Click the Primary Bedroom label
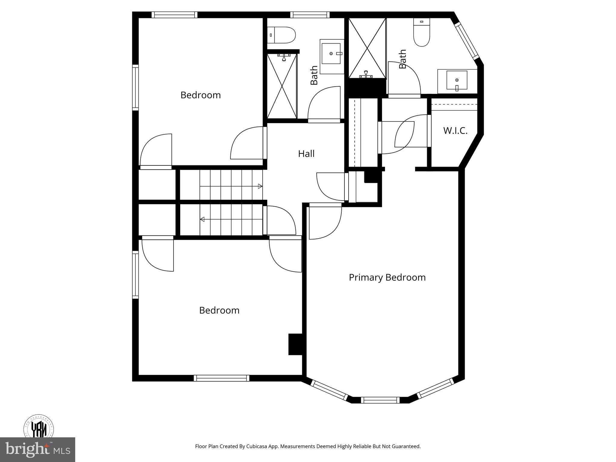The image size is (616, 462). tap(387, 277)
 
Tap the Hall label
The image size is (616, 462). tap(306, 154)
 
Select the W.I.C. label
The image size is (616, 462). tap(455, 131)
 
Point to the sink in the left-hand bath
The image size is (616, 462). tap(331, 54)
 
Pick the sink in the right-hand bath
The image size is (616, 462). tap(457, 80)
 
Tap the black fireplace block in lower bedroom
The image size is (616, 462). tap(295, 344)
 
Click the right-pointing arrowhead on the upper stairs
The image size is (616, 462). tap(260, 186)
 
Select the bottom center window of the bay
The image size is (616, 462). tap(380, 400)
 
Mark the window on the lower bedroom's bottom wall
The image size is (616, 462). tap(221, 378)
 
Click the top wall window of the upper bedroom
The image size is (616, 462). tap(174, 15)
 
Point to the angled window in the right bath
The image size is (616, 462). tap(467, 41)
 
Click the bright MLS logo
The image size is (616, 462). tap(37, 449)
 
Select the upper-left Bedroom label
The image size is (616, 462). tap(201, 95)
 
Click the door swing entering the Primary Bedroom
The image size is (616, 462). tap(325, 222)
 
